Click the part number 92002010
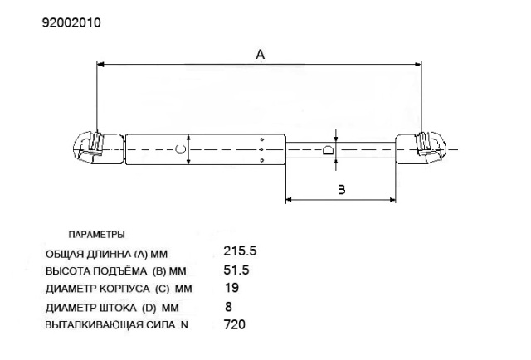pos(71,22)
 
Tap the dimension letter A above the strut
pos(260,54)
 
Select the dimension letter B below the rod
pos(342,189)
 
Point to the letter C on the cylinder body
pos(180,149)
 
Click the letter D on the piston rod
pos(329,150)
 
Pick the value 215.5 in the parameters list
pos(240,251)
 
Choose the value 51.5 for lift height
pos(236,270)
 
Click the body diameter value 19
pos(232,288)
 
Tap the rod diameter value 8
pos(229,306)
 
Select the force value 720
pos(235,324)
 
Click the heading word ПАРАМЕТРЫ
pos(96,235)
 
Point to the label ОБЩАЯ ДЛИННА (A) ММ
pos(106,254)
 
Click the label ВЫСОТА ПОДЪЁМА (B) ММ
pos(116,271)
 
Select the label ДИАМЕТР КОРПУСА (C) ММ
pos(119,289)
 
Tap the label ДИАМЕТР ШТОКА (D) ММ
pos(112,308)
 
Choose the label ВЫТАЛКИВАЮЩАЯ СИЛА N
pos(116,325)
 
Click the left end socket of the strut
pos(99,149)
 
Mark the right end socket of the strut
pos(421,149)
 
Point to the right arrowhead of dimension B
pos(392,200)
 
